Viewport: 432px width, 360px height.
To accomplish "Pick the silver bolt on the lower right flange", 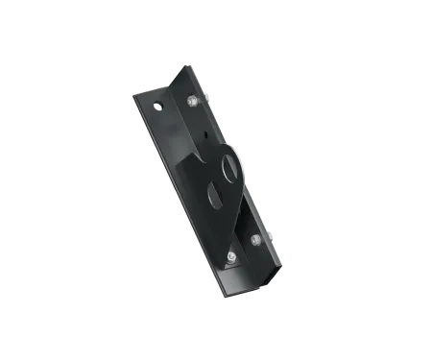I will (254, 240).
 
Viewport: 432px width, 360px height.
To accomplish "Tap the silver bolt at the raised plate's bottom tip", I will (232, 257).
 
